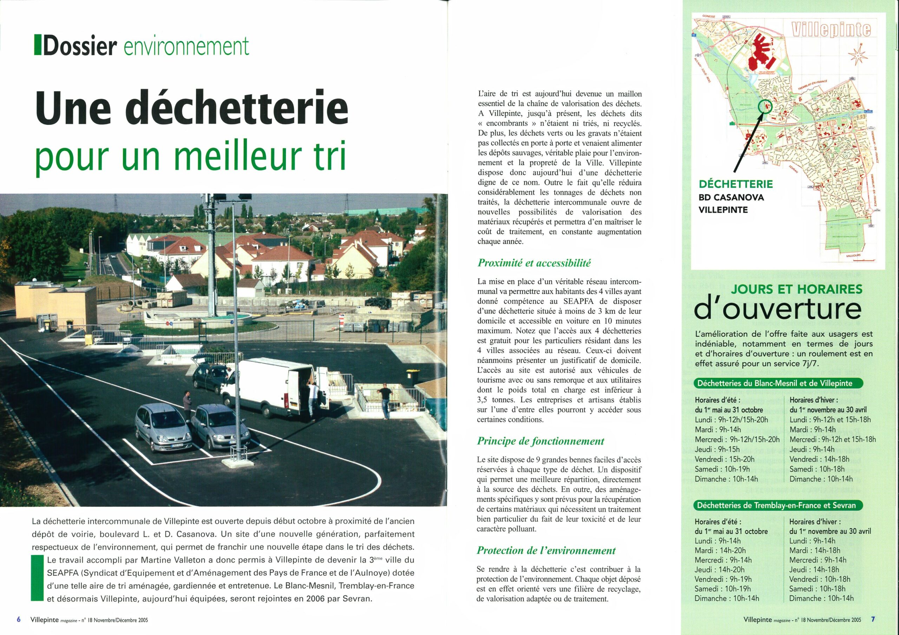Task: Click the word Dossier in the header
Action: click(x=80, y=46)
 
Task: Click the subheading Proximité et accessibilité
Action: click(x=534, y=263)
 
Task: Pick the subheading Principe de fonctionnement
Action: click(x=540, y=441)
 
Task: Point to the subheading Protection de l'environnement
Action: click(x=546, y=550)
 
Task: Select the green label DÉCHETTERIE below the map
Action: click(x=736, y=184)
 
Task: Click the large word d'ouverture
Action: click(x=777, y=310)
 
